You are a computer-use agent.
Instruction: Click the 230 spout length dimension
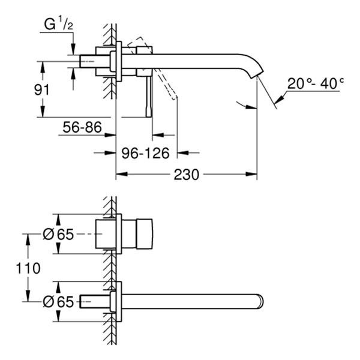[187, 175]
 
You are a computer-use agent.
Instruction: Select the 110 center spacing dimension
[29, 268]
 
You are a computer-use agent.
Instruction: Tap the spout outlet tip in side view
[256, 75]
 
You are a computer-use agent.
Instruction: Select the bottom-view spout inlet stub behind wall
[95, 301]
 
